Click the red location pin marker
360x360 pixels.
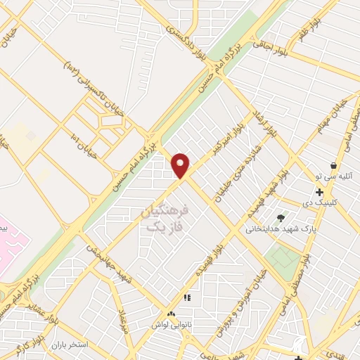(x=181, y=165)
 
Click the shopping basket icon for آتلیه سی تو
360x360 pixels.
(x=333, y=166)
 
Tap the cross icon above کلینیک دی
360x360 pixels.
(x=319, y=192)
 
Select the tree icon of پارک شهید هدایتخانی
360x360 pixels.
(x=281, y=218)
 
